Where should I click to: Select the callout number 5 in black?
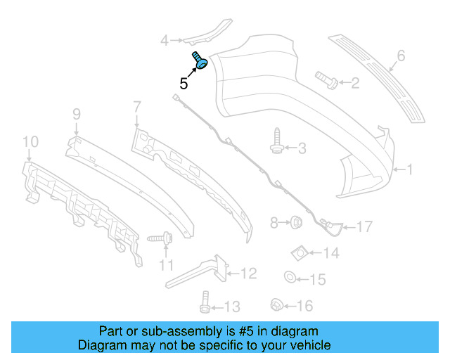(184, 83)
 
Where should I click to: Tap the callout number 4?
(164, 41)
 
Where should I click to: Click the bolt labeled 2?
(326, 79)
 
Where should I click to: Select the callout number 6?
(401, 55)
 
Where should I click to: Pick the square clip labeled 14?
(299, 251)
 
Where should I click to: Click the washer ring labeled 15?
(290, 277)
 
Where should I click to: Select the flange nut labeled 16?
(276, 305)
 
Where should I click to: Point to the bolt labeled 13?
(203, 303)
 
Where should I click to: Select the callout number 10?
(29, 143)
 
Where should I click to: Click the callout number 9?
(76, 112)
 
